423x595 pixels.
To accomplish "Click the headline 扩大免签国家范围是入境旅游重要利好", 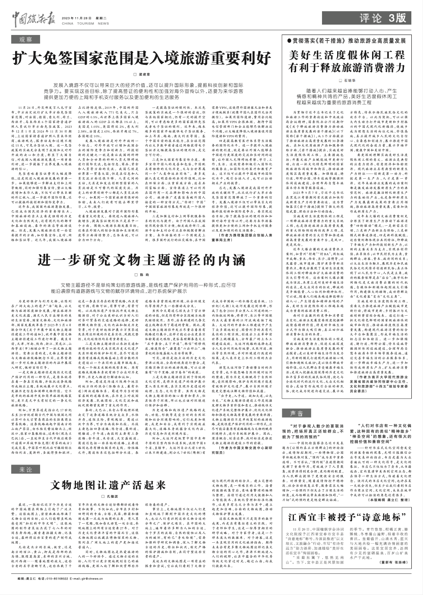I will (x=141, y=58).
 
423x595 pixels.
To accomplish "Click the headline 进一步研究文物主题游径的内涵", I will (x=141, y=260).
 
